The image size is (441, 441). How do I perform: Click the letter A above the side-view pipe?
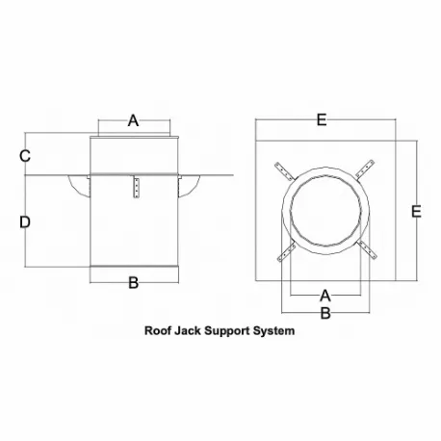[x=134, y=120]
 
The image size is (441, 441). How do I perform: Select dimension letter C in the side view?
[x=26, y=155]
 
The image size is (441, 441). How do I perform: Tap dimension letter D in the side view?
[x=26, y=222]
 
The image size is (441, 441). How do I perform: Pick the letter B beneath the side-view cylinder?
[x=135, y=283]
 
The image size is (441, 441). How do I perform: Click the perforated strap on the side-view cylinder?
[x=138, y=188]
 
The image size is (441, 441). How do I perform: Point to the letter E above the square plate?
[x=322, y=120]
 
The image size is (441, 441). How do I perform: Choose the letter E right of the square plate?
[x=416, y=212]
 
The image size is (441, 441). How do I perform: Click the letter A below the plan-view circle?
[x=325, y=295]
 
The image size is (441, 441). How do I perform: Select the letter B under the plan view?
[x=325, y=313]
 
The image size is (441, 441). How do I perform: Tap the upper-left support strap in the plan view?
[x=282, y=170]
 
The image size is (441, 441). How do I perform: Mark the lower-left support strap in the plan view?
[x=283, y=253]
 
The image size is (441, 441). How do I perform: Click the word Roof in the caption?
[x=159, y=329]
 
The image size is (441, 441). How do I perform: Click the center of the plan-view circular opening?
[x=324, y=212]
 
